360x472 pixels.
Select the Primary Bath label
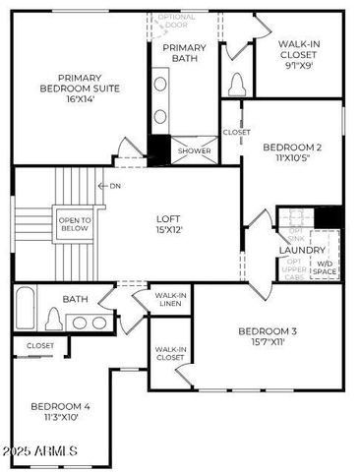185,54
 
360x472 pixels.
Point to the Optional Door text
177,21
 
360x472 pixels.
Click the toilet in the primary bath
234,81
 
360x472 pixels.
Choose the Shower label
195,151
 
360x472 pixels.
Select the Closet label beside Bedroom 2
236,132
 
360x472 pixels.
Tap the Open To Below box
74,224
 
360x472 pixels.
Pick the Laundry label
301,251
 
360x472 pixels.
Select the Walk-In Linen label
171,299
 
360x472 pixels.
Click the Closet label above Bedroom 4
40,346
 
